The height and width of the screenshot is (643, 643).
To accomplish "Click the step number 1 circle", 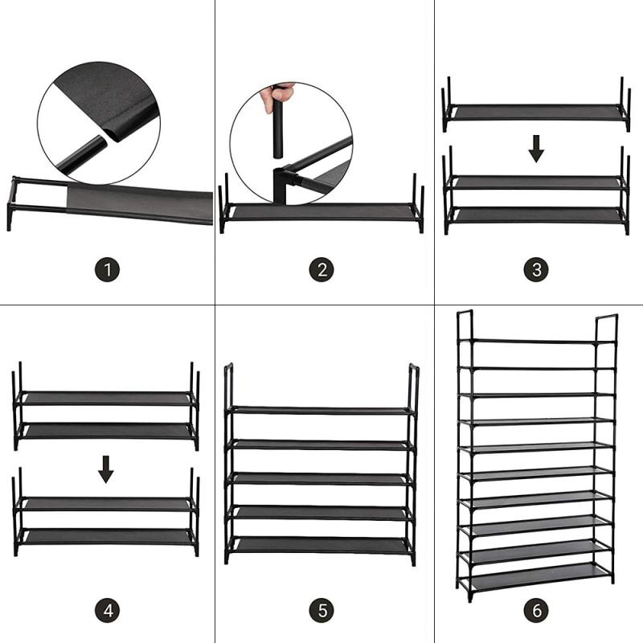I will point(107,269).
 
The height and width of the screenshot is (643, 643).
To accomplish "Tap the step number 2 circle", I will point(321,269).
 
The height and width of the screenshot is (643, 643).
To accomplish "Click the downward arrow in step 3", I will point(537,148).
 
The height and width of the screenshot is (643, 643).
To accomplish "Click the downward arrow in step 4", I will point(106,469).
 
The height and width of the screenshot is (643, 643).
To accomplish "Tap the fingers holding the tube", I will point(276,95).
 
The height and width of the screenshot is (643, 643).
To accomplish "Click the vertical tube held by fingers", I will point(277,129).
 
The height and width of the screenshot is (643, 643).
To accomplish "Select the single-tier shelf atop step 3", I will point(536,113).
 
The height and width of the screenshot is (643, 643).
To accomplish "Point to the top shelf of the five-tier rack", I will point(321,410).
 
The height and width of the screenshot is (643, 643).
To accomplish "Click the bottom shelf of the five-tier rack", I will point(321,544).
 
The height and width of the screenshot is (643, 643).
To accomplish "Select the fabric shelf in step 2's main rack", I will point(321,211).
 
